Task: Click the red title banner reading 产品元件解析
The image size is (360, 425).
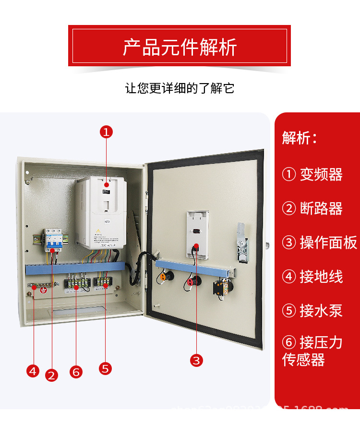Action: [x=180, y=46]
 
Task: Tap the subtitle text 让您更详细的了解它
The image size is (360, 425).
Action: [x=180, y=89]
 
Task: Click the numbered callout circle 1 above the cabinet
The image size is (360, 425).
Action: [x=107, y=132]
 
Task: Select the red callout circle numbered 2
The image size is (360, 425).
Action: [x=52, y=375]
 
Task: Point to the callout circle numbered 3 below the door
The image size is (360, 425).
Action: [x=196, y=360]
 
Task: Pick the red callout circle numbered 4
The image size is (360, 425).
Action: [x=33, y=370]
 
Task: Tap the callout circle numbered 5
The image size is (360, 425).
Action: [x=106, y=368]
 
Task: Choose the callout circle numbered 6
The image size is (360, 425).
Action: [x=76, y=372]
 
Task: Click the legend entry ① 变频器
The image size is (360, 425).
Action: [x=312, y=174]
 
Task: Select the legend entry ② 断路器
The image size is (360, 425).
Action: [x=312, y=208]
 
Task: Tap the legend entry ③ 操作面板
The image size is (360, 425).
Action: [x=319, y=243]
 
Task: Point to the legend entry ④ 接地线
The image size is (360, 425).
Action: [x=312, y=277]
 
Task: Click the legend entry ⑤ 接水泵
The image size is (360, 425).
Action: [x=312, y=311]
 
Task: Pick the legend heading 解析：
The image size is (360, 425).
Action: [x=300, y=138]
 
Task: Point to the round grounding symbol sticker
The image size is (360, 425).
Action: [x=43, y=290]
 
